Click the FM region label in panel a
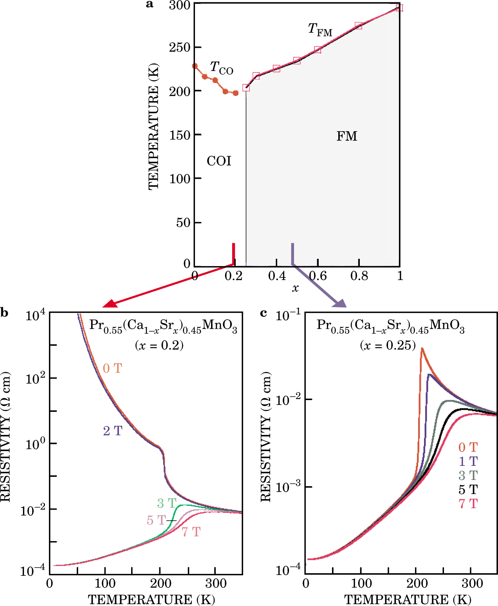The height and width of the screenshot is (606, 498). (x=347, y=136)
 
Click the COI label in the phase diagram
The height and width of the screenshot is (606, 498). (x=219, y=161)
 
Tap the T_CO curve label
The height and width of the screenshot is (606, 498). (x=221, y=68)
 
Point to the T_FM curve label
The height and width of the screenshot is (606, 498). (x=320, y=29)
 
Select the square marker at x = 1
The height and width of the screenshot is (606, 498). (x=399, y=8)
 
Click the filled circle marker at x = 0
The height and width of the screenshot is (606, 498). (x=195, y=66)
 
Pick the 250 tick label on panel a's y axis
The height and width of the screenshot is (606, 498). (x=179, y=47)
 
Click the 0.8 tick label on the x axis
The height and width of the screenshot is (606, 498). (x=359, y=276)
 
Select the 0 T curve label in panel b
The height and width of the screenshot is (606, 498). (x=112, y=368)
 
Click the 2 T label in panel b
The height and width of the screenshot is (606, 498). (x=113, y=431)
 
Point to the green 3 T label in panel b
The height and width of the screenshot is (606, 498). (x=167, y=503)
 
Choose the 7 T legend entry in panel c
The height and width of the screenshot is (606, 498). (x=468, y=504)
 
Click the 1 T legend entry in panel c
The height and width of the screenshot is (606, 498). (x=468, y=461)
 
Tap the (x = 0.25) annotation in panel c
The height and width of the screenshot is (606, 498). (x=388, y=345)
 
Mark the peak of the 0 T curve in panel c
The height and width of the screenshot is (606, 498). (x=422, y=348)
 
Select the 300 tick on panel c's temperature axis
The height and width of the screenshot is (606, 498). (x=472, y=584)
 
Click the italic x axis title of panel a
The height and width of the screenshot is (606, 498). (x=295, y=289)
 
